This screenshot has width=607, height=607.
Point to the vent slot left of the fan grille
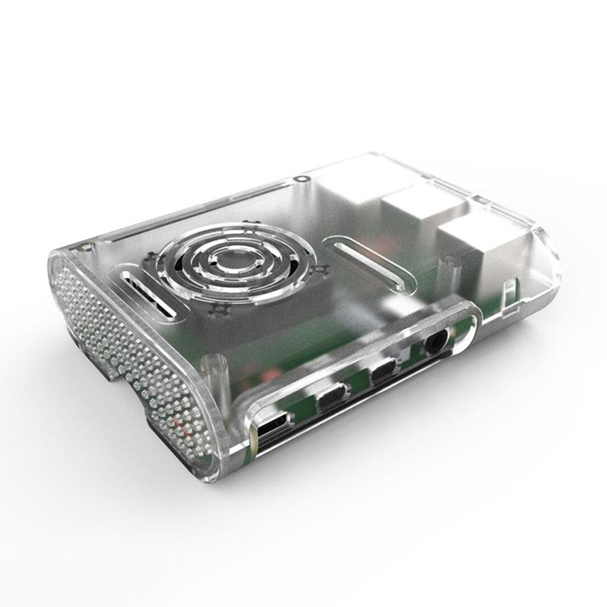[148, 295]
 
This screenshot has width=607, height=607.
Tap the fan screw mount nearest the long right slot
[320, 270]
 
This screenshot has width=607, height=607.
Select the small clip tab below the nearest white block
[509, 295]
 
